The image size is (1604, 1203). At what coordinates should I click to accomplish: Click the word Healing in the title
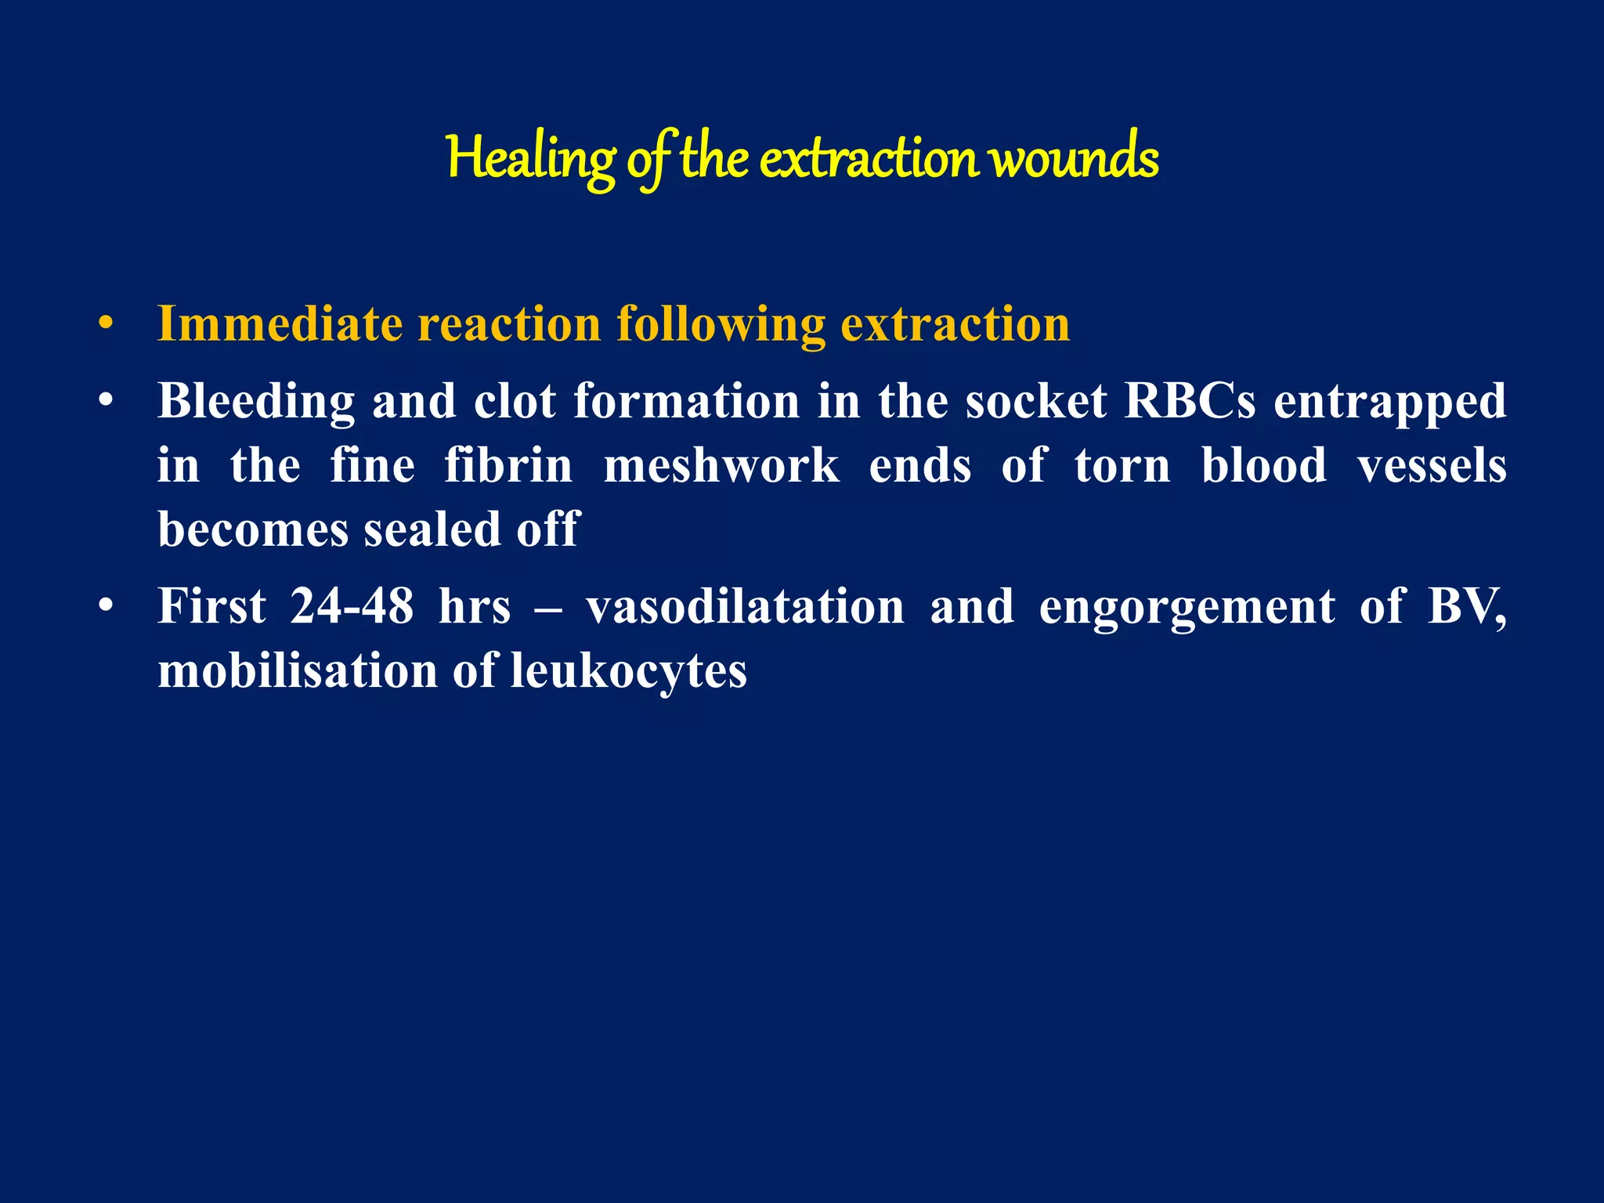pos(531,159)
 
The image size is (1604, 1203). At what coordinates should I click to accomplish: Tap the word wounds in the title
pos(1074,159)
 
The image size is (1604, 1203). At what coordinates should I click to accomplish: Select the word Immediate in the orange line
pos(280,323)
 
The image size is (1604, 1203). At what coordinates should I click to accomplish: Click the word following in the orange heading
pos(721,325)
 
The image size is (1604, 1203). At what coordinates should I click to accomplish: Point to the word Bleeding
pos(255,401)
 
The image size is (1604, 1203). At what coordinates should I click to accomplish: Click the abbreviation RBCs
pos(1189,401)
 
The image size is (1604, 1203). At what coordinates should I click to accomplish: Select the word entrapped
pos(1389,403)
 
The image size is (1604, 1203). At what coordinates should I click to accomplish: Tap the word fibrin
pos(508,465)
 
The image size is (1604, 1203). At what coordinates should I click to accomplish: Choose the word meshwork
pos(721,465)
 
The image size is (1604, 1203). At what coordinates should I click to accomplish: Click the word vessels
pos(1432,465)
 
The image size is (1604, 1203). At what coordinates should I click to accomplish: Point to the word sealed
pos(432,529)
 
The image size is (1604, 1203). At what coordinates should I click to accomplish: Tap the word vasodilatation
pos(745,607)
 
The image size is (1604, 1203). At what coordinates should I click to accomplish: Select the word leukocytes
pos(629,672)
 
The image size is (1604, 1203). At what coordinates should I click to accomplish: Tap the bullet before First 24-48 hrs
pos(107,606)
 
